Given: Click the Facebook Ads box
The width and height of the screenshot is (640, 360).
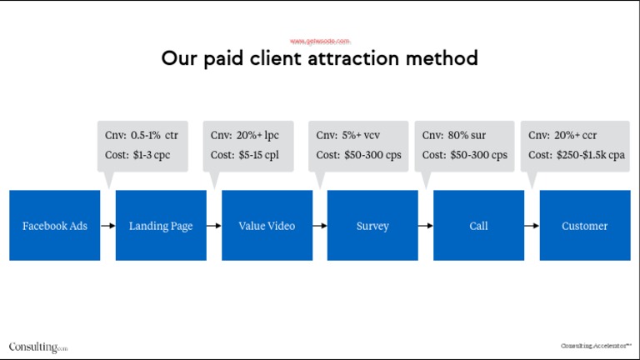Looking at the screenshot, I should (x=54, y=225).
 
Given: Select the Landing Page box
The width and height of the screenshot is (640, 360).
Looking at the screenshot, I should (x=161, y=225).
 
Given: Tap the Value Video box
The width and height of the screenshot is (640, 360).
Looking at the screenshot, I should (x=267, y=225).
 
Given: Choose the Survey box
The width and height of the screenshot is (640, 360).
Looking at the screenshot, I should (x=372, y=225).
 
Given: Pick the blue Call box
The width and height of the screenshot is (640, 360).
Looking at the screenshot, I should (x=478, y=225).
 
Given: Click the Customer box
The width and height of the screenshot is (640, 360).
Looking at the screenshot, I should (x=585, y=225).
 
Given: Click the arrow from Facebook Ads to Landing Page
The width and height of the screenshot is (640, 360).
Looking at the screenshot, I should (x=107, y=225).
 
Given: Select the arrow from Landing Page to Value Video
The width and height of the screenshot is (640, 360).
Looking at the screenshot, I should (x=214, y=225).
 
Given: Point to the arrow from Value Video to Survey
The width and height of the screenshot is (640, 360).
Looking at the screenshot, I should (x=320, y=225).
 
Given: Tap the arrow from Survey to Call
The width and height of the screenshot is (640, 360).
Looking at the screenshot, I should (x=426, y=225).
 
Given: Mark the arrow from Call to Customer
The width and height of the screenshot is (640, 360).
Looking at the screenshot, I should (x=532, y=225).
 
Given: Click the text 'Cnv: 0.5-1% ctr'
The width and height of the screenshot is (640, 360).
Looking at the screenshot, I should (x=141, y=135).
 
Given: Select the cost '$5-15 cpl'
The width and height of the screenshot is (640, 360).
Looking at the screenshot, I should (x=258, y=155).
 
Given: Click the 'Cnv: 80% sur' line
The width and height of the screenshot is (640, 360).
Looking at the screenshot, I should (x=454, y=135).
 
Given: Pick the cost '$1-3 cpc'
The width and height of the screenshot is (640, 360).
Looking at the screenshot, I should (x=151, y=155).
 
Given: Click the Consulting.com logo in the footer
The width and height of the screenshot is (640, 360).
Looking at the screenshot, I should (x=38, y=347).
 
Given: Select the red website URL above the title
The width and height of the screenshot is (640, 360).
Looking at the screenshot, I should (x=320, y=41).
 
